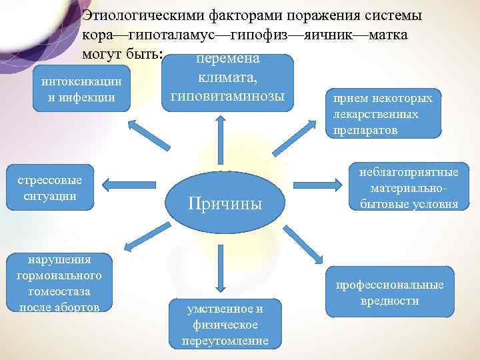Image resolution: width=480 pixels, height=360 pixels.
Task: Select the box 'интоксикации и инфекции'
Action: (81, 89)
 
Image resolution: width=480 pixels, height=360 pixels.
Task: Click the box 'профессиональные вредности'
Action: (389, 292)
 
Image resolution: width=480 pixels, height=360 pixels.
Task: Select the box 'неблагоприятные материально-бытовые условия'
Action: (409, 189)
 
